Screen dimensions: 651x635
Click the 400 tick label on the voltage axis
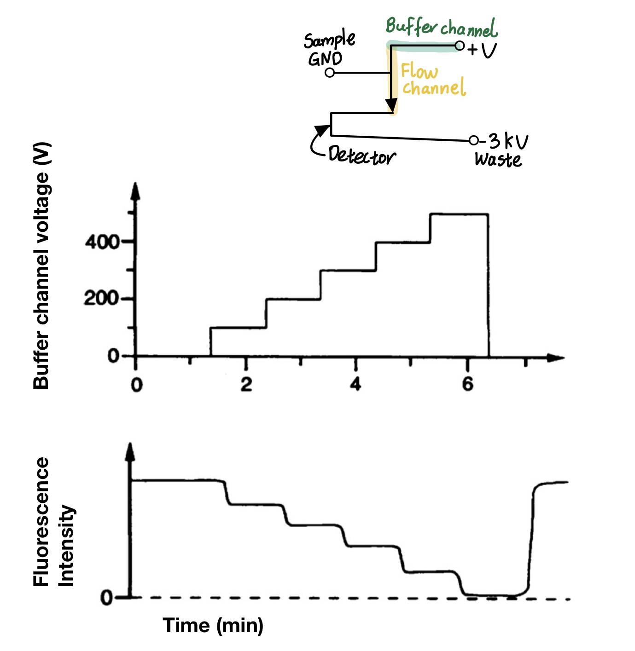click(102, 242)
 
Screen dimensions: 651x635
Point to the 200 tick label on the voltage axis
click(102, 299)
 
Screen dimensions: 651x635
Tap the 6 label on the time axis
click(467, 384)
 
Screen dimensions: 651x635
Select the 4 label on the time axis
click(355, 384)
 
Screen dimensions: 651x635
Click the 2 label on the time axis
click(246, 384)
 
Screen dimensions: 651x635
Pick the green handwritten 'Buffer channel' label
click(441, 28)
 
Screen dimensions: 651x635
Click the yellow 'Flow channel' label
click(433, 80)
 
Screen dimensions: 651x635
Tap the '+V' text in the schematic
click(482, 49)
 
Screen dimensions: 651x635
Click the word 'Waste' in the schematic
click(498, 160)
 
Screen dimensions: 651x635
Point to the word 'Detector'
click(361, 156)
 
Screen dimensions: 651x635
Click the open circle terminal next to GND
click(329, 73)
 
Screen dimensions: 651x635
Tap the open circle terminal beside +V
click(459, 46)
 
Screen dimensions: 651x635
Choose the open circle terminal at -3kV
click(473, 140)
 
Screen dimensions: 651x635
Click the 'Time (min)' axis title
click(213, 625)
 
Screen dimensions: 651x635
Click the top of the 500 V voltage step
click(459, 214)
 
